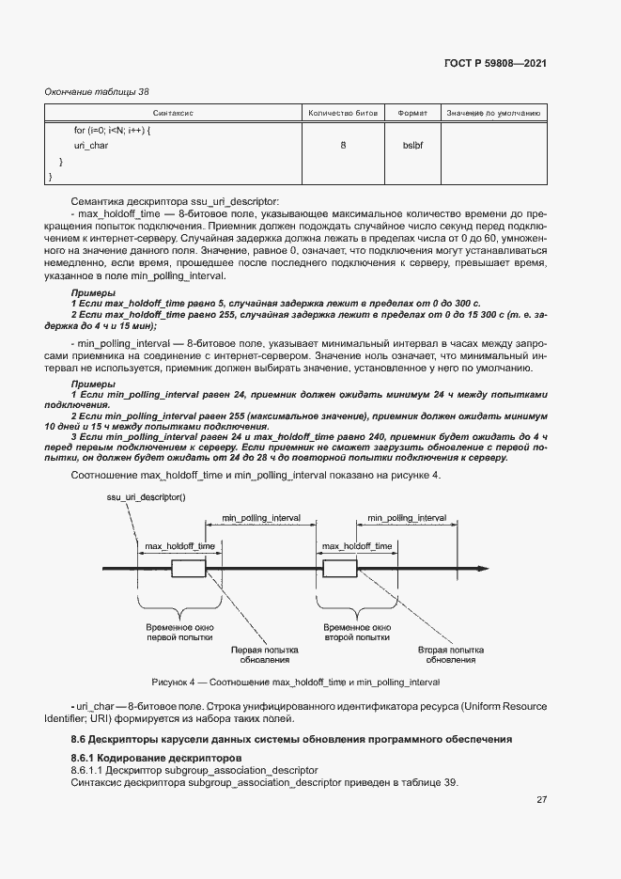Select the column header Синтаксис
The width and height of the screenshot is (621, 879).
pyautogui.click(x=173, y=113)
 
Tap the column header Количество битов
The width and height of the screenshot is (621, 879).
pyautogui.click(x=343, y=113)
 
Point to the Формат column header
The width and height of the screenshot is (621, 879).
pyautogui.click(x=412, y=113)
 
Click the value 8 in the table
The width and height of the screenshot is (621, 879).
pyautogui.click(x=343, y=146)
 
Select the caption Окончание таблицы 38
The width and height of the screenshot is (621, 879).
pyautogui.click(x=97, y=91)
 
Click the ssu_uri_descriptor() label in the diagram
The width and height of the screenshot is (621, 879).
pyautogui.click(x=147, y=495)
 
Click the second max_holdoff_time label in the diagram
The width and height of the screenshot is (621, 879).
pyautogui.click(x=357, y=545)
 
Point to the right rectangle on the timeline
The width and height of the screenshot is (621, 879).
pyautogui.click(x=339, y=569)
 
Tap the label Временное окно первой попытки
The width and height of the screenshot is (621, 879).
pyautogui.click(x=175, y=632)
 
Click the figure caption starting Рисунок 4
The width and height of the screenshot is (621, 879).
pyautogui.click(x=296, y=682)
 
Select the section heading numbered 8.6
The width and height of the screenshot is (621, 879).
pyautogui.click(x=291, y=740)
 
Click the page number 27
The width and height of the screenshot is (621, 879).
pyautogui.click(x=541, y=800)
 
